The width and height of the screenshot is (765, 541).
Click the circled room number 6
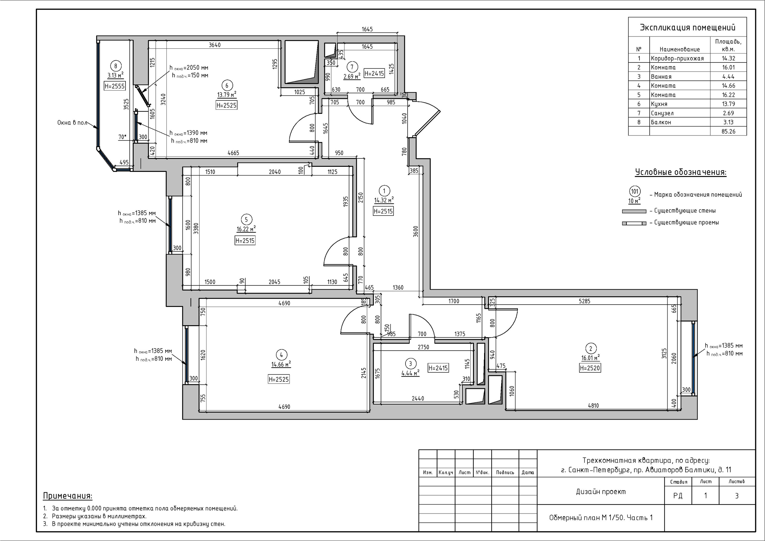pyautogui.click(x=227, y=85)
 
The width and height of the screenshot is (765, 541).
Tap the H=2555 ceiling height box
pyautogui.click(x=115, y=86)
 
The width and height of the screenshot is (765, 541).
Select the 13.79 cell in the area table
pyautogui.click(x=728, y=104)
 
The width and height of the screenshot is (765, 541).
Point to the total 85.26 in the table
pyautogui.click(x=728, y=131)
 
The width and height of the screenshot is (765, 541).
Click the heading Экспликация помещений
pyautogui.click(x=687, y=27)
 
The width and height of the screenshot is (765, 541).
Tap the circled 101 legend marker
pyautogui.click(x=635, y=191)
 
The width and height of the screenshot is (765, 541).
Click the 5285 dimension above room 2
pyautogui.click(x=585, y=301)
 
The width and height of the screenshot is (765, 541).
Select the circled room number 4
pyautogui.click(x=281, y=355)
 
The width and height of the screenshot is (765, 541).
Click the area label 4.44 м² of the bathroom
pyautogui.click(x=410, y=373)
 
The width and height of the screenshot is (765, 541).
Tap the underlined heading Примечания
pyautogui.click(x=68, y=496)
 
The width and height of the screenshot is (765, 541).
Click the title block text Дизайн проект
pyautogui.click(x=601, y=492)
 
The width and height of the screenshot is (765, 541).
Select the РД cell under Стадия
pyautogui.click(x=678, y=496)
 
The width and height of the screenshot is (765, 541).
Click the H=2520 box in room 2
pyautogui.click(x=590, y=368)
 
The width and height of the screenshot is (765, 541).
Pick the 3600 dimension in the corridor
pyautogui.click(x=415, y=231)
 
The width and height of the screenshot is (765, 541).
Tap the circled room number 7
pyautogui.click(x=352, y=67)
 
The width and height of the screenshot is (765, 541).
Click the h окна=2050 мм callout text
pyautogui.click(x=189, y=68)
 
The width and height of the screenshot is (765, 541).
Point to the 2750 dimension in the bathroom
pyautogui.click(x=423, y=347)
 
